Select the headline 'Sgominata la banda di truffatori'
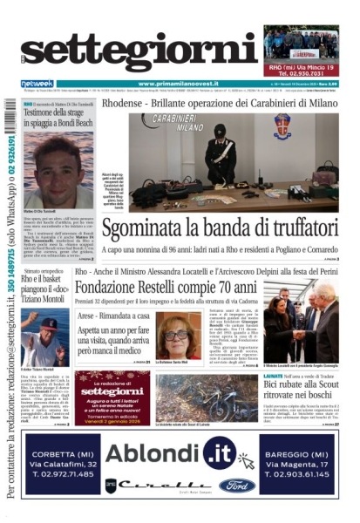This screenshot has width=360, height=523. (x=218, y=228)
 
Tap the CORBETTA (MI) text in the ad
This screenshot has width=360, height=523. (x=74, y=441)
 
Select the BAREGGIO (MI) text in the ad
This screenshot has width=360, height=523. (x=295, y=441)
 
